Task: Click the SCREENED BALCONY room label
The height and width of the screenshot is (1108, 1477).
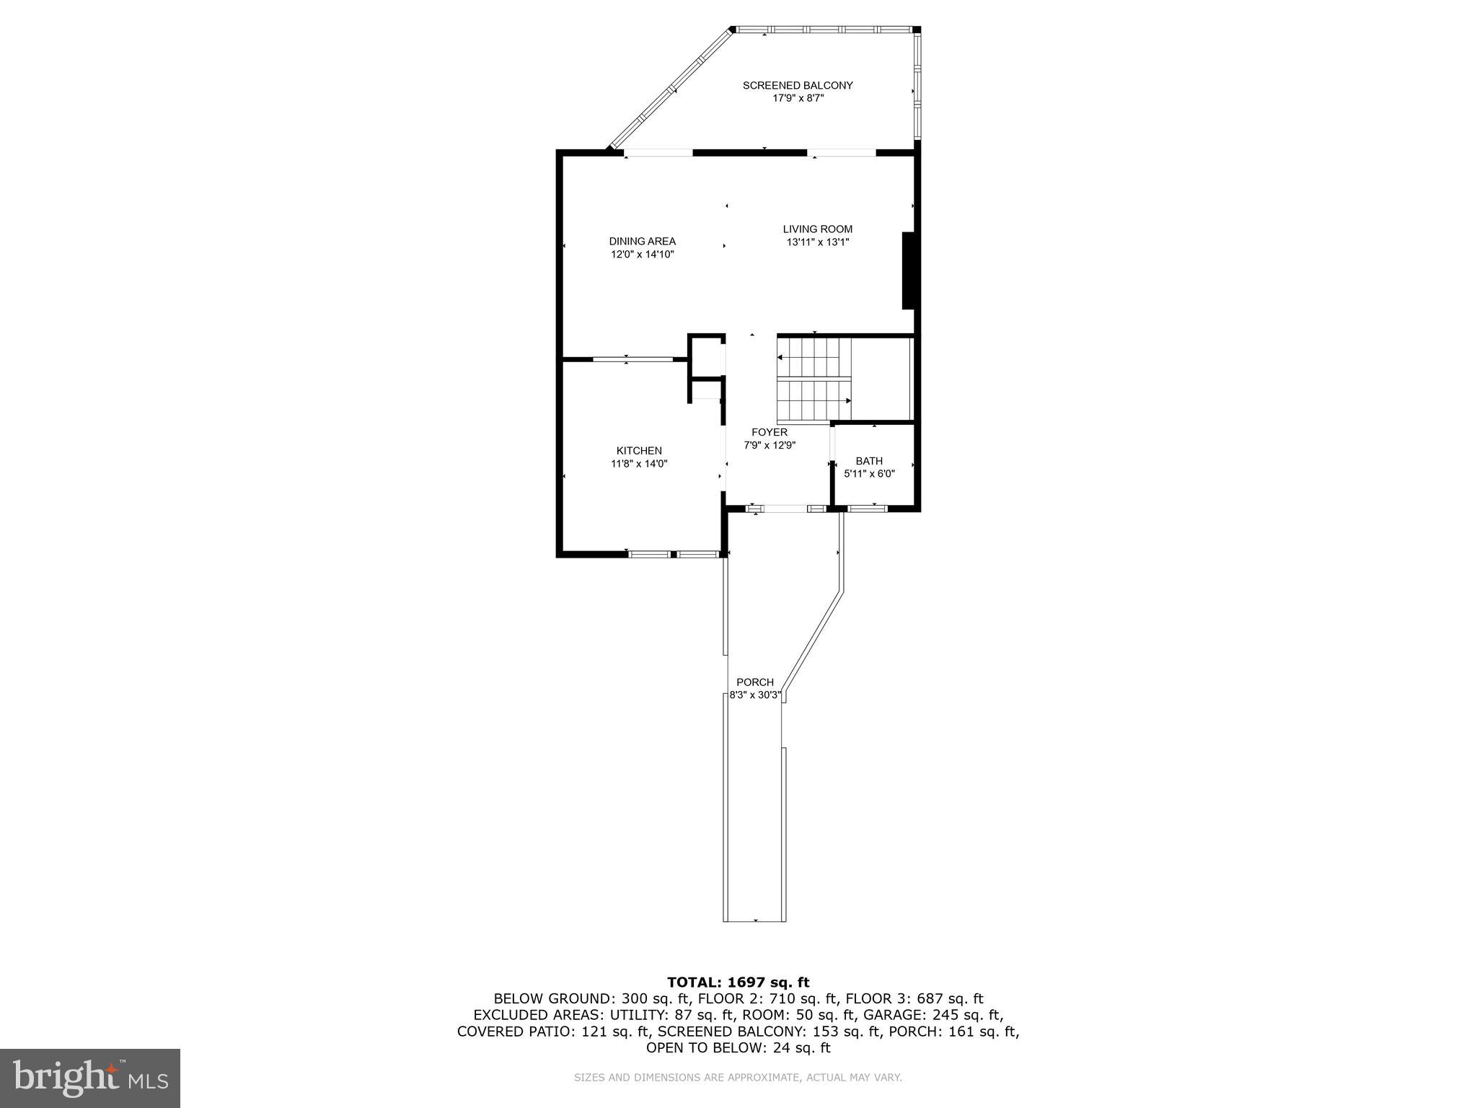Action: click(798, 85)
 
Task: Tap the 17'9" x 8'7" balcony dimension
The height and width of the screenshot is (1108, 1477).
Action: click(798, 98)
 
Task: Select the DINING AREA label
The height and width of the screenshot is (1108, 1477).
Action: click(642, 241)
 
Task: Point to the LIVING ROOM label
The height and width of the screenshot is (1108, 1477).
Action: click(818, 229)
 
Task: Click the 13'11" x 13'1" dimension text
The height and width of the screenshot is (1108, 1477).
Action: click(818, 242)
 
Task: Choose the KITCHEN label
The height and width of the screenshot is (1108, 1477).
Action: click(639, 451)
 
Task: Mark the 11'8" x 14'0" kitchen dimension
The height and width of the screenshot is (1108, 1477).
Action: click(639, 464)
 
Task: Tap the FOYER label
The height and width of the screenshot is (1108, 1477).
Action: click(770, 432)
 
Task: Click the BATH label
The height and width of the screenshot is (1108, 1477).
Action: click(869, 461)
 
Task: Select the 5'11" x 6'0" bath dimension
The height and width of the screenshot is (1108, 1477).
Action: click(869, 474)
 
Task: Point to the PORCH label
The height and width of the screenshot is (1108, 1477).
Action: click(755, 682)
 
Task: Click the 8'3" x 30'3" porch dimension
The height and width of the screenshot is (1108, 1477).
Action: click(755, 695)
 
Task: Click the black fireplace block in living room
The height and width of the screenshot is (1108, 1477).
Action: click(909, 271)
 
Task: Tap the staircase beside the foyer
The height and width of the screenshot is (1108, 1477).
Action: click(814, 380)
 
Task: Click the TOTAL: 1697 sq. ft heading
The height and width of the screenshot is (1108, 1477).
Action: click(738, 982)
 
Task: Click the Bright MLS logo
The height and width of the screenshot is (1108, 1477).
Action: click(90, 1078)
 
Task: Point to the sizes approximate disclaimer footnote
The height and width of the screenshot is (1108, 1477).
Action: click(738, 1078)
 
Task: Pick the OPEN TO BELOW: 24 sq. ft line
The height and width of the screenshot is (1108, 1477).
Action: click(738, 1047)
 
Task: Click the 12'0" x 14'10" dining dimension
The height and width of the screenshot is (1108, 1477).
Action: click(642, 254)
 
